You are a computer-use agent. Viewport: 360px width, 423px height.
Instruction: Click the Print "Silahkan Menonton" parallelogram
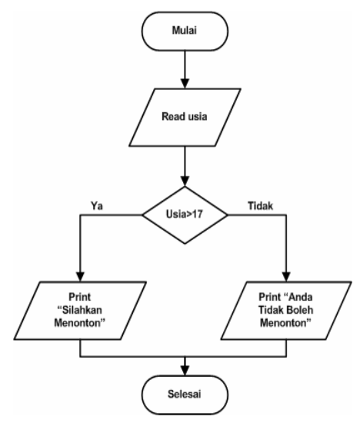(81, 310)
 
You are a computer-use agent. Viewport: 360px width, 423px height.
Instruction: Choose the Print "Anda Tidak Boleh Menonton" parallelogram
(287, 310)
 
